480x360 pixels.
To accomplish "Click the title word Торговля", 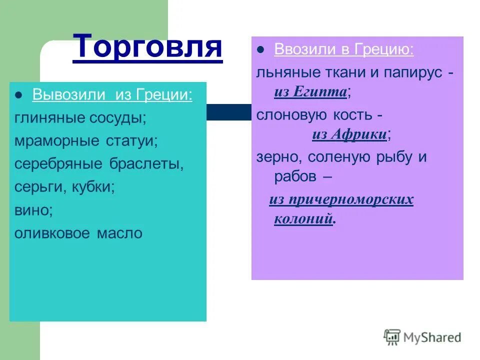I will pos(147,47).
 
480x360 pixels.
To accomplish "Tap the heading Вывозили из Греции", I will pos(112,95).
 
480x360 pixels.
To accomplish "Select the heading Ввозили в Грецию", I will pos(343,49).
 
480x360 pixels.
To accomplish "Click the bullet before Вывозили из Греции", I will pos(19,95).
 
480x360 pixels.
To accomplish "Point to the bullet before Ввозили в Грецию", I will pos(260,50).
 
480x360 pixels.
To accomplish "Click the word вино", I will pos(32,210).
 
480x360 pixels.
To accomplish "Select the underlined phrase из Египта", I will pos(310,92).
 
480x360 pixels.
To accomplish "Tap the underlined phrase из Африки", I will pos(349,134).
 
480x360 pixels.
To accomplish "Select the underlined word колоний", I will pos(303,219).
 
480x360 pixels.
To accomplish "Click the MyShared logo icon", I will pos(392,337).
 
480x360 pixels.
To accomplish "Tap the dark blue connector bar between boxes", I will pos(228,112).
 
